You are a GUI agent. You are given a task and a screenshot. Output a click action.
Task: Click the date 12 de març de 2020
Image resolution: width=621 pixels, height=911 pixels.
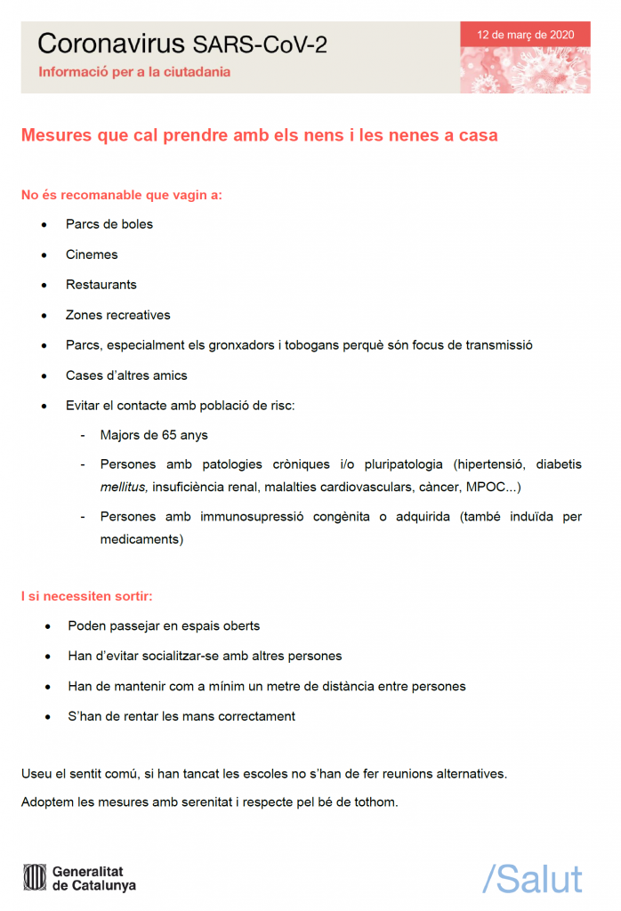pyautogui.click(x=525, y=35)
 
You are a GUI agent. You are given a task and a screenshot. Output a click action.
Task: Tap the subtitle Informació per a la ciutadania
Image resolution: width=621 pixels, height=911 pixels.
pyautogui.click(x=134, y=72)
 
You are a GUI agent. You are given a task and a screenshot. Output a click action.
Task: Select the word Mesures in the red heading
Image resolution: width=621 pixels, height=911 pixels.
pyautogui.click(x=56, y=136)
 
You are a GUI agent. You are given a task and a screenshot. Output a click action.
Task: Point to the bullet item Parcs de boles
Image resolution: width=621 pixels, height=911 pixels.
pyautogui.click(x=109, y=224)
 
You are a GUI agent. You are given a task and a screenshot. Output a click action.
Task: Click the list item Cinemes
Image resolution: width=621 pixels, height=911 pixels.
pyautogui.click(x=92, y=254)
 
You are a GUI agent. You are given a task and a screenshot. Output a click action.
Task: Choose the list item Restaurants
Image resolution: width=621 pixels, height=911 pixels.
pyautogui.click(x=101, y=285)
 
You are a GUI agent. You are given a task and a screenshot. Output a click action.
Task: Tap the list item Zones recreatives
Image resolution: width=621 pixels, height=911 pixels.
pyautogui.click(x=117, y=315)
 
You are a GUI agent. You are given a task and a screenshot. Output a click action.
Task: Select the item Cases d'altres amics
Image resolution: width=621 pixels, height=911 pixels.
pyautogui.click(x=126, y=375)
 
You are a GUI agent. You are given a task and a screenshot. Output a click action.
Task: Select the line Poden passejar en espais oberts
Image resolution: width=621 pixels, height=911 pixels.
pyautogui.click(x=164, y=626)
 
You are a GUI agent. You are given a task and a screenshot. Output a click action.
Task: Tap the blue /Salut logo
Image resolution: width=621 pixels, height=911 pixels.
pyautogui.click(x=532, y=878)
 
